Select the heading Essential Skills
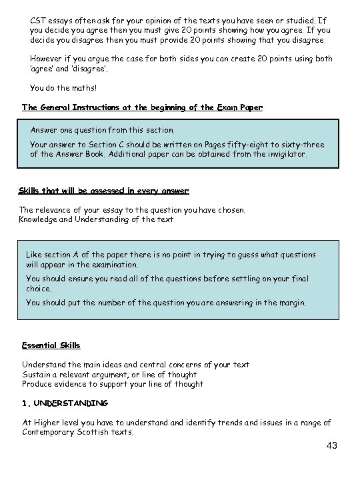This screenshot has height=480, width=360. (51, 345)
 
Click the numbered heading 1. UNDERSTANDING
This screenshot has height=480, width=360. (65, 403)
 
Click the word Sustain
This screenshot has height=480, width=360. (37, 374)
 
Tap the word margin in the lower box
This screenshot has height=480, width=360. (290, 302)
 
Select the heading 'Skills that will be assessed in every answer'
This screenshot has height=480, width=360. (103, 191)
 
